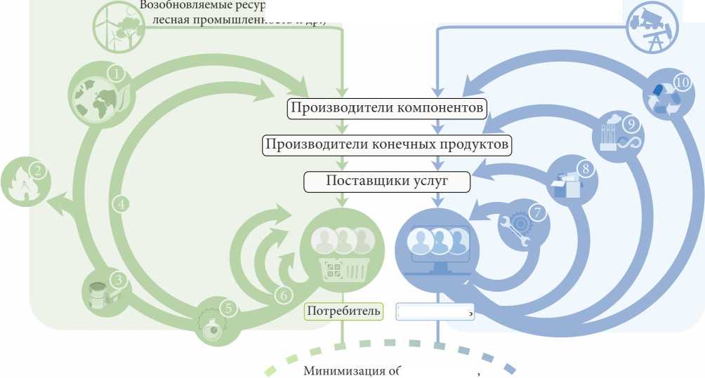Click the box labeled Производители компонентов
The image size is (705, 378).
[387, 109]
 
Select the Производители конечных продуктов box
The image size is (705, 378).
[387, 145]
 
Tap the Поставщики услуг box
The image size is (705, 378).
[387, 181]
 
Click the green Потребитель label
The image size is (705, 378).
[344, 311]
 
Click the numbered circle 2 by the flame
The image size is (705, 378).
[38, 170]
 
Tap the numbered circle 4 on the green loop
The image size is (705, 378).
[121, 204]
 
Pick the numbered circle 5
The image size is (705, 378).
[227, 307]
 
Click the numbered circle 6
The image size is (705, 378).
[283, 295]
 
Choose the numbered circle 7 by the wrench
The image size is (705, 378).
[538, 212]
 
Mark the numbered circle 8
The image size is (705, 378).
[583, 168]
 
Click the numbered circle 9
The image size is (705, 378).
[630, 124]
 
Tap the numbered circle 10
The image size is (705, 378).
[681, 82]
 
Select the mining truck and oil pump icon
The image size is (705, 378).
[653, 27]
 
